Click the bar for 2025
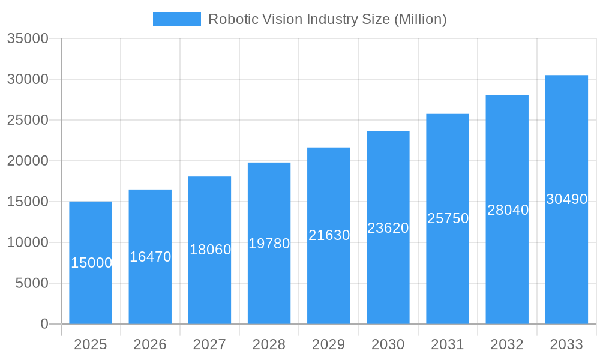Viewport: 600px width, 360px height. point(91,288)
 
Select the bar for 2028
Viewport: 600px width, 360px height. point(269,282)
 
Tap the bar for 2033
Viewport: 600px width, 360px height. point(566,252)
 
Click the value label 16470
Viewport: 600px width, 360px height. point(150,257)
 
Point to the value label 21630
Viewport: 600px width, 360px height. point(329,235)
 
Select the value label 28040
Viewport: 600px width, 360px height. point(508,210)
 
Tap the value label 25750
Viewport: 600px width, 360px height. point(448,218)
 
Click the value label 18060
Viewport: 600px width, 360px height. point(210,250)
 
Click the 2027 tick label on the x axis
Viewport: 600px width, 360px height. point(209,344)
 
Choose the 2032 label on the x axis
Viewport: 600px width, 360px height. point(507,344)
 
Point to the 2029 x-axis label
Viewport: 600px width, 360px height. point(329,344)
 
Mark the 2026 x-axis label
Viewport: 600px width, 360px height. point(150,344)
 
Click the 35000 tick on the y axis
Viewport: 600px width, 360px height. point(27,38)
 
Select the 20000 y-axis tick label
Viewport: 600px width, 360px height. point(27,161)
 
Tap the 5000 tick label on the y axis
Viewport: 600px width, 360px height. point(32,283)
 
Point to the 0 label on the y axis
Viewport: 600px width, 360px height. point(44,324)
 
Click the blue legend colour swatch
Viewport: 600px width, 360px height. point(176,19)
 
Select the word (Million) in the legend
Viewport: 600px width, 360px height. point(420,19)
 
